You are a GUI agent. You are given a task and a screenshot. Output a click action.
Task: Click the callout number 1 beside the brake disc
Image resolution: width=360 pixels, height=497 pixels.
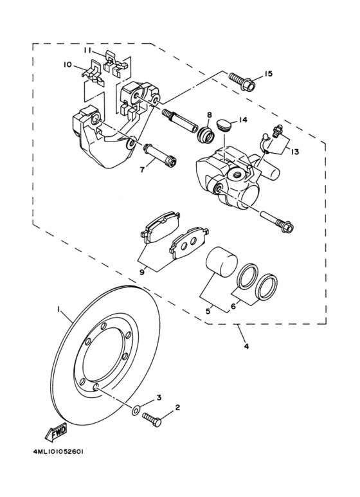pyautogui.click(x=60, y=311)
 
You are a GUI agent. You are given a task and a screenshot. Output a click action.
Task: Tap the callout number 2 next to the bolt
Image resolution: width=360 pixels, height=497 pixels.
pyautogui.click(x=177, y=407)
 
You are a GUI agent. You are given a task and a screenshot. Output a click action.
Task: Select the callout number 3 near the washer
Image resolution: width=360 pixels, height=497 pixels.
pyautogui.click(x=159, y=398)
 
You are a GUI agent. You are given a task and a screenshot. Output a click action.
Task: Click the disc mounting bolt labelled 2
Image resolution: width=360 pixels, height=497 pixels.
pyautogui.click(x=153, y=417)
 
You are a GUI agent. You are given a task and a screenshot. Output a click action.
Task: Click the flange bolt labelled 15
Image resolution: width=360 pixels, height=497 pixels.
pyautogui.click(x=245, y=82)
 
